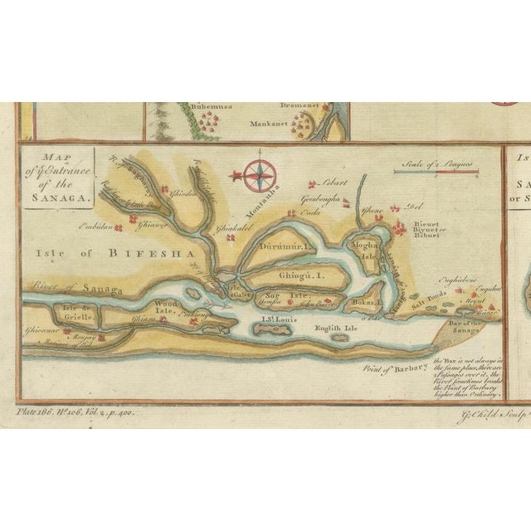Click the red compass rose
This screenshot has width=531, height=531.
pos(260,174)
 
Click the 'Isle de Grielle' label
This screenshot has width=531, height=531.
pos(77,313)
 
